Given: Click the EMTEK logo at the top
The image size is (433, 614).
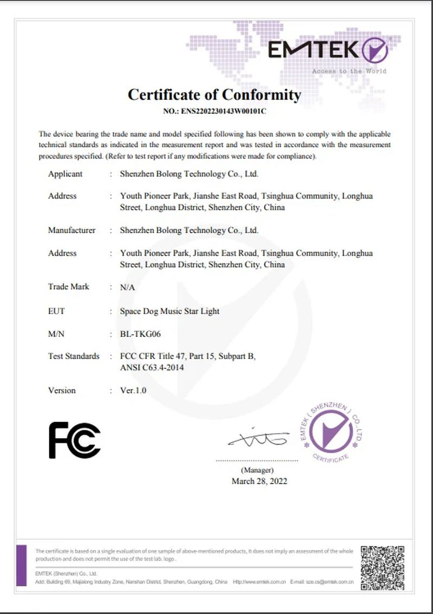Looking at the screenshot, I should click(328, 50).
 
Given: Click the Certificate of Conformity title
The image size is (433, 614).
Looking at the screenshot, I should click(214, 95).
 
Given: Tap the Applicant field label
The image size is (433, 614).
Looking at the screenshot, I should click(65, 174).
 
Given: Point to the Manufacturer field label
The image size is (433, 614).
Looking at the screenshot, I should click(71, 230).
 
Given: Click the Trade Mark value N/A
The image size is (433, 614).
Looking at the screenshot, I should click(127, 287).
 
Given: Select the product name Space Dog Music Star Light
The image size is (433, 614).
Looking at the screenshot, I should click(169, 311).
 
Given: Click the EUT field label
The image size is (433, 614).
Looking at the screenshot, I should click(56, 311).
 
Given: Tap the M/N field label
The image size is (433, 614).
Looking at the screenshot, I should click(56, 334).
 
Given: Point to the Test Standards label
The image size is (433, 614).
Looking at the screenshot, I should click(74, 356).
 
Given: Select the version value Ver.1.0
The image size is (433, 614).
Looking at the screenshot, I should click(133, 390).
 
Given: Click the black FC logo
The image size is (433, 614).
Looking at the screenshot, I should click(75, 440).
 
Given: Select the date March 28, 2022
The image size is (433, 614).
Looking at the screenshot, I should click(259, 481).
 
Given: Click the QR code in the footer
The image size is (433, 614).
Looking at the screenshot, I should click(383, 567).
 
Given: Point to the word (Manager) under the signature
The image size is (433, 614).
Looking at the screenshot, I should click(257, 470).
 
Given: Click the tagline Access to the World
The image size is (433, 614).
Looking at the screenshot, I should click(349, 71).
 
